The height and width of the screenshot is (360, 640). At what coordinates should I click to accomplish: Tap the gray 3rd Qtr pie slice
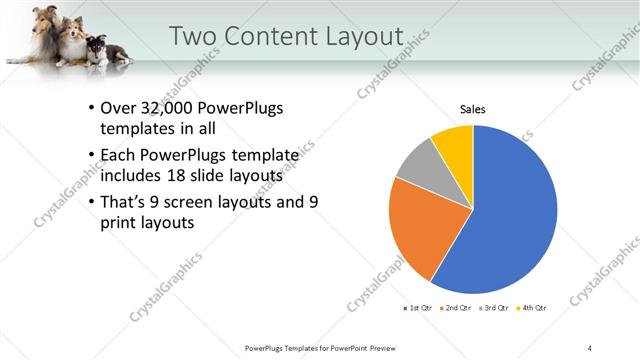[x=418, y=165]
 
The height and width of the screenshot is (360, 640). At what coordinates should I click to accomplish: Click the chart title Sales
[x=473, y=109]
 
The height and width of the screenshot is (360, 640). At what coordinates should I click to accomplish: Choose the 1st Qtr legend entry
[x=418, y=308]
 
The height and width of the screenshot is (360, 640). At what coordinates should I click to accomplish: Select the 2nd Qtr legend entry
[x=456, y=308]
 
